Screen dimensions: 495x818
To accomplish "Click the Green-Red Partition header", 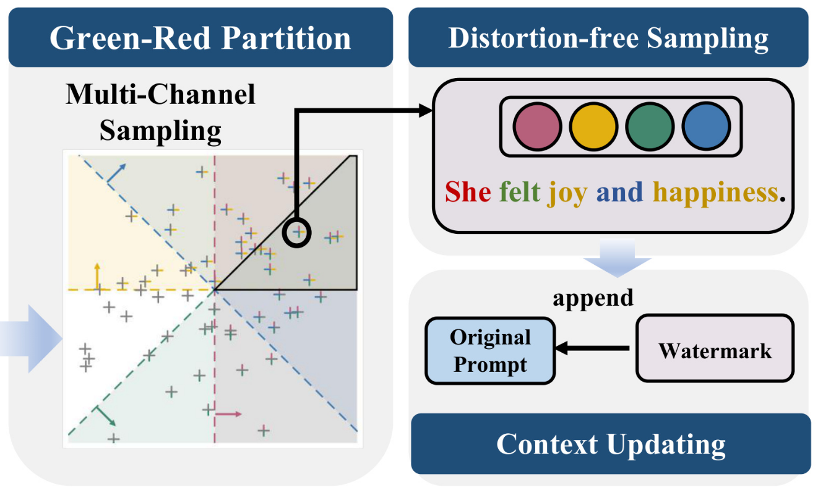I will pyautogui.click(x=200, y=38).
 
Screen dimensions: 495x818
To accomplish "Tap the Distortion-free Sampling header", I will pyautogui.click(x=608, y=38).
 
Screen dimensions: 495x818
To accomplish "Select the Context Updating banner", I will pyautogui.click(x=611, y=444).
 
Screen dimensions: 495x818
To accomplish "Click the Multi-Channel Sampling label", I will pyautogui.click(x=161, y=113).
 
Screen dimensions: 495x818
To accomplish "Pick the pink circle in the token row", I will pyautogui.click(x=538, y=126).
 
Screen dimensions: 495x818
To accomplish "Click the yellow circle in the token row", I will pyautogui.click(x=593, y=126).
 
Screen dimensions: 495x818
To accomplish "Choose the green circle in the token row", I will pyautogui.click(x=650, y=126).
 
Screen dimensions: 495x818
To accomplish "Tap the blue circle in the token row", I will pyautogui.click(x=706, y=126).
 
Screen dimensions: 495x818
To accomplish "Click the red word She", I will pyautogui.click(x=468, y=192).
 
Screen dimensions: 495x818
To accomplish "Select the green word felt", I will pyautogui.click(x=520, y=192).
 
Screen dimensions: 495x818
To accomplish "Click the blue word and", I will pyautogui.click(x=619, y=192).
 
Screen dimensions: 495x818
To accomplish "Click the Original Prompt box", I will pyautogui.click(x=490, y=350).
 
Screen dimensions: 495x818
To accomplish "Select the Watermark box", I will pyautogui.click(x=715, y=350).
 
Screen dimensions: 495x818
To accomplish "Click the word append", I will pyautogui.click(x=593, y=298).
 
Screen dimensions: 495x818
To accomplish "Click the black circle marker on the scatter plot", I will pyautogui.click(x=296, y=233).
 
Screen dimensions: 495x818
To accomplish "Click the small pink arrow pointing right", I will pyautogui.click(x=228, y=413).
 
